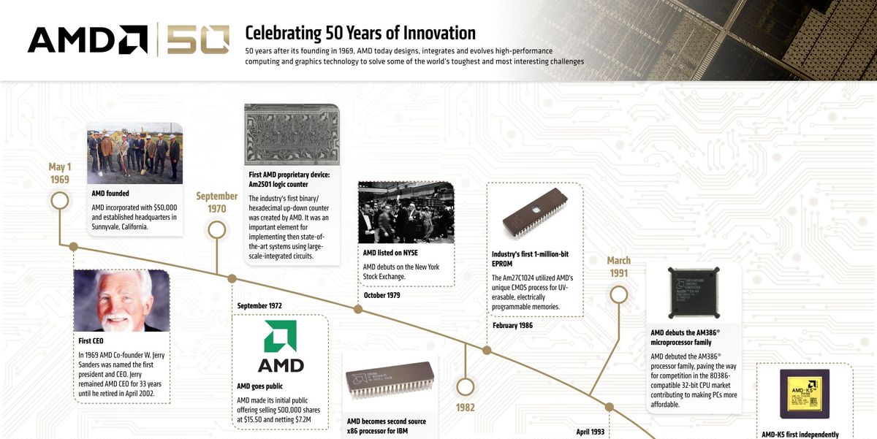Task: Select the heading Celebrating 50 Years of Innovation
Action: pyautogui.click(x=360, y=33)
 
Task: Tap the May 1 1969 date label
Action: pyautogui.click(x=60, y=173)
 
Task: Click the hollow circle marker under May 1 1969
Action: pyautogui.click(x=60, y=200)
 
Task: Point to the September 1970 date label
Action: pyautogui.click(x=216, y=202)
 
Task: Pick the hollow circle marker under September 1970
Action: pyautogui.click(x=216, y=230)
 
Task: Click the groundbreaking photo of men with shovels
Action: pyautogui.click(x=134, y=152)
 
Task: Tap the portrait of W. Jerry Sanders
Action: pyautogui.click(x=121, y=300)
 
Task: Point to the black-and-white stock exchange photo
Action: pyautogui.click(x=406, y=213)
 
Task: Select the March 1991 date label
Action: pyautogui.click(x=618, y=267)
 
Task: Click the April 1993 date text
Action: pyautogui.click(x=591, y=432)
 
